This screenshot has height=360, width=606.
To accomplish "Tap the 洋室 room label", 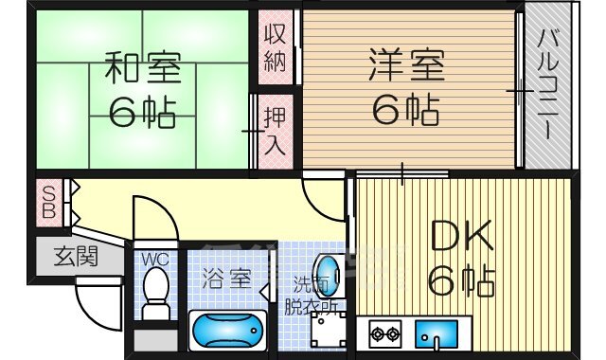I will click(405, 67).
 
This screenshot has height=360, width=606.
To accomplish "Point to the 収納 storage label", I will click(275, 46).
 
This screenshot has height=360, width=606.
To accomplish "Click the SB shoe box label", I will click(47, 201).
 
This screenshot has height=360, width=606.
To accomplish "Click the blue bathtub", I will click(227, 331).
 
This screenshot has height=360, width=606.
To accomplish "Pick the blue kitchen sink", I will click(437, 334).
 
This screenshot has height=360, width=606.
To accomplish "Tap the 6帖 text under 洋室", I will click(405, 112).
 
